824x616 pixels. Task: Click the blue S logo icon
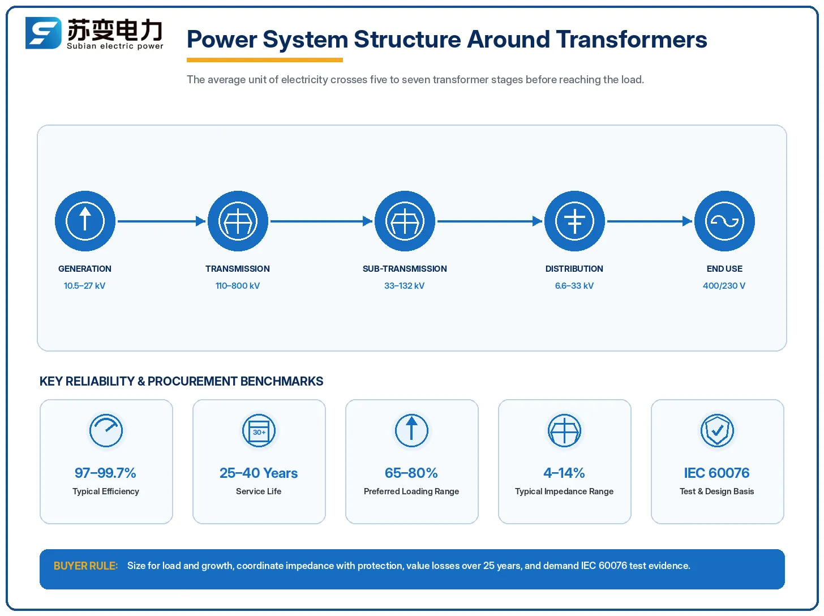(43, 33)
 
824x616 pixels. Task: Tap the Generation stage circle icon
(85, 221)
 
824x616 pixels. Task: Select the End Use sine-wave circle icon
(724, 221)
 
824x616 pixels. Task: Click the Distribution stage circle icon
(574, 221)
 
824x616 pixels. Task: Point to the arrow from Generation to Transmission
(161, 221)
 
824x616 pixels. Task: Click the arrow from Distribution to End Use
(650, 221)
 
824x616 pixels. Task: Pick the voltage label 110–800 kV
(238, 286)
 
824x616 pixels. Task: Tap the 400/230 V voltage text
(724, 286)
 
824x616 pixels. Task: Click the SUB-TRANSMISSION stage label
(405, 269)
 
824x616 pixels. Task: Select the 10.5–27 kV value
(84, 286)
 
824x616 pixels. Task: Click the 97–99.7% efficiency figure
(105, 473)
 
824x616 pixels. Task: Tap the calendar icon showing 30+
(259, 430)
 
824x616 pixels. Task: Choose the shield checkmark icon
(717, 430)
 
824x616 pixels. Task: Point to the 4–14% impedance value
(564, 473)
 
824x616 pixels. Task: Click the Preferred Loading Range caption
(411, 491)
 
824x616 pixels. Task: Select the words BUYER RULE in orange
(85, 566)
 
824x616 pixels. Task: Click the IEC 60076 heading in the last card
(716, 473)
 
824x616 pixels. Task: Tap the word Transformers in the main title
(632, 40)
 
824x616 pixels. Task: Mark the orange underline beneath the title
(265, 59)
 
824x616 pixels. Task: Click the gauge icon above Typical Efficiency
(106, 430)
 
